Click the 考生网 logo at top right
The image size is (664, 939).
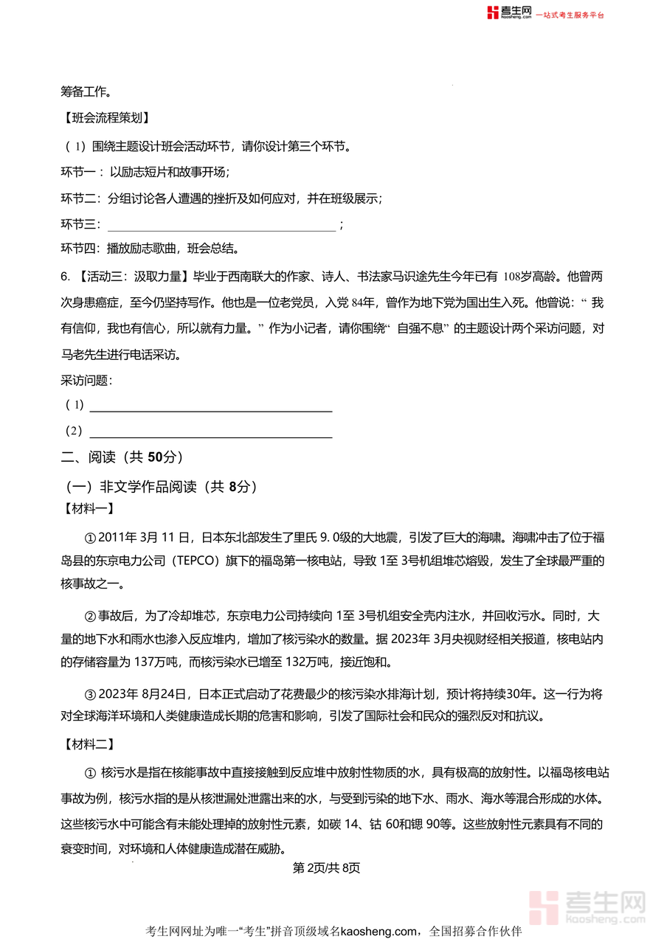tap(510, 13)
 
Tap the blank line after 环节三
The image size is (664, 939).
tap(221, 224)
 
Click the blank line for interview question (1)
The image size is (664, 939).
tap(210, 405)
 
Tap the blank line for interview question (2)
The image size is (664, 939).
tap(210, 431)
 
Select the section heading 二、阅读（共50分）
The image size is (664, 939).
tap(122, 457)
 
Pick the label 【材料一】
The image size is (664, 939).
tap(86, 508)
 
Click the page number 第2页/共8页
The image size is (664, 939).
tap(327, 868)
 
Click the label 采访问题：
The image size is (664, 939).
tap(86, 381)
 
